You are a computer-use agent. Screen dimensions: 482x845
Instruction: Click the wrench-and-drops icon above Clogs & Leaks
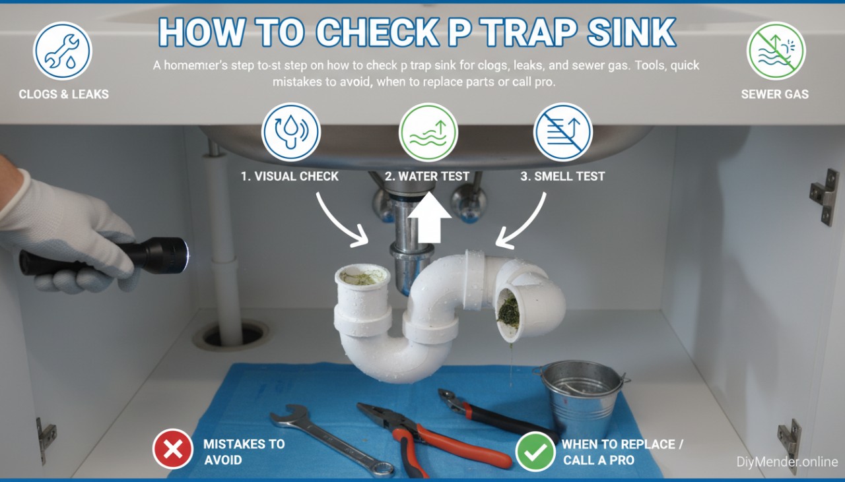coord(63,51)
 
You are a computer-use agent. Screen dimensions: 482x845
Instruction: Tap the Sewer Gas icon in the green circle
coord(775,51)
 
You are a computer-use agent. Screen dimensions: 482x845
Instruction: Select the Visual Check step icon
coord(291,132)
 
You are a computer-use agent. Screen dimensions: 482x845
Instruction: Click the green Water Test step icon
coord(428,132)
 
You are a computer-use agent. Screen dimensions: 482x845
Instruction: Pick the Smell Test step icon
coord(563,132)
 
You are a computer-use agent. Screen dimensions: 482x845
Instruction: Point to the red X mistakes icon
coord(172,450)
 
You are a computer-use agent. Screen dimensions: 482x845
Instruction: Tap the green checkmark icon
coord(535,451)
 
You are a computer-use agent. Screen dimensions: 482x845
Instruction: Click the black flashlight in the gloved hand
coord(106,256)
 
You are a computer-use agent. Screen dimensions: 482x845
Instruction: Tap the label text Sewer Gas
coord(774,94)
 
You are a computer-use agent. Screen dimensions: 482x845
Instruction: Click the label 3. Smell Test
coord(562,176)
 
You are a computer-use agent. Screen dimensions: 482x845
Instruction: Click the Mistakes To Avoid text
coord(244,451)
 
